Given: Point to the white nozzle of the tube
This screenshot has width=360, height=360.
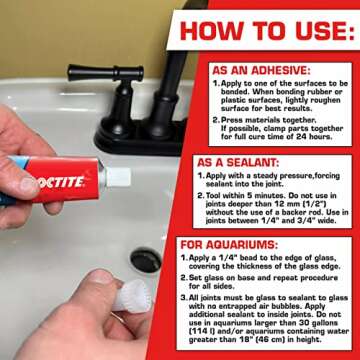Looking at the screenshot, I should pyautogui.click(x=118, y=177).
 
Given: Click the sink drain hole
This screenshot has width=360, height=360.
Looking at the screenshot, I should pyautogui.click(x=145, y=262).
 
